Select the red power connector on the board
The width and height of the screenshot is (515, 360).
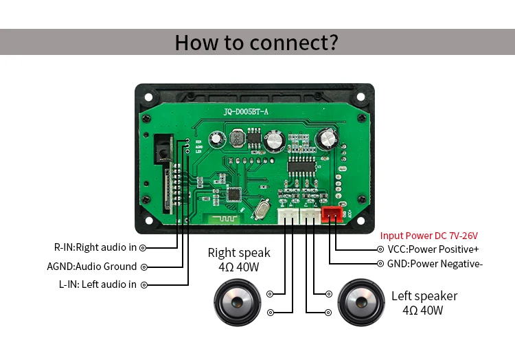[333, 214]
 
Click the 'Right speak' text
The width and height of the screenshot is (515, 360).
[239, 253]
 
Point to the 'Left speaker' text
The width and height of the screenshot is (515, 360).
[424, 296]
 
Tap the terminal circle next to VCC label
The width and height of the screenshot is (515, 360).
[380, 249]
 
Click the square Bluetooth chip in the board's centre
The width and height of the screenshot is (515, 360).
[235, 194]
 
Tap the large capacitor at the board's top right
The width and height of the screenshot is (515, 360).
[326, 139]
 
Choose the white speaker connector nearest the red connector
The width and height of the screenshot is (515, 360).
[310, 216]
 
